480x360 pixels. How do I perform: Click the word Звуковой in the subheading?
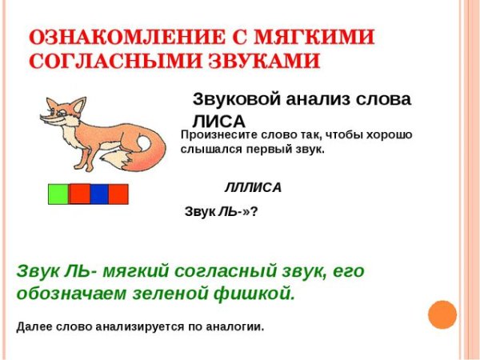pyautogui.click(x=232, y=99)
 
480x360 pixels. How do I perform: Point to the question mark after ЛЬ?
pyautogui.click(x=254, y=212)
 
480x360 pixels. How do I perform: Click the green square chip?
pyautogui.click(x=58, y=194)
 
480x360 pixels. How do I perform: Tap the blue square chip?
pyautogui.click(x=99, y=194)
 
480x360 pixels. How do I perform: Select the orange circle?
pyautogui.click(x=442, y=314)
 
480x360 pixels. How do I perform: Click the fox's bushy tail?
pyautogui.click(x=142, y=150)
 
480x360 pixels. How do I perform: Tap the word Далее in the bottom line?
pyautogui.click(x=34, y=326)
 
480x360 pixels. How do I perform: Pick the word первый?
pyautogui.click(x=284, y=150)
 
